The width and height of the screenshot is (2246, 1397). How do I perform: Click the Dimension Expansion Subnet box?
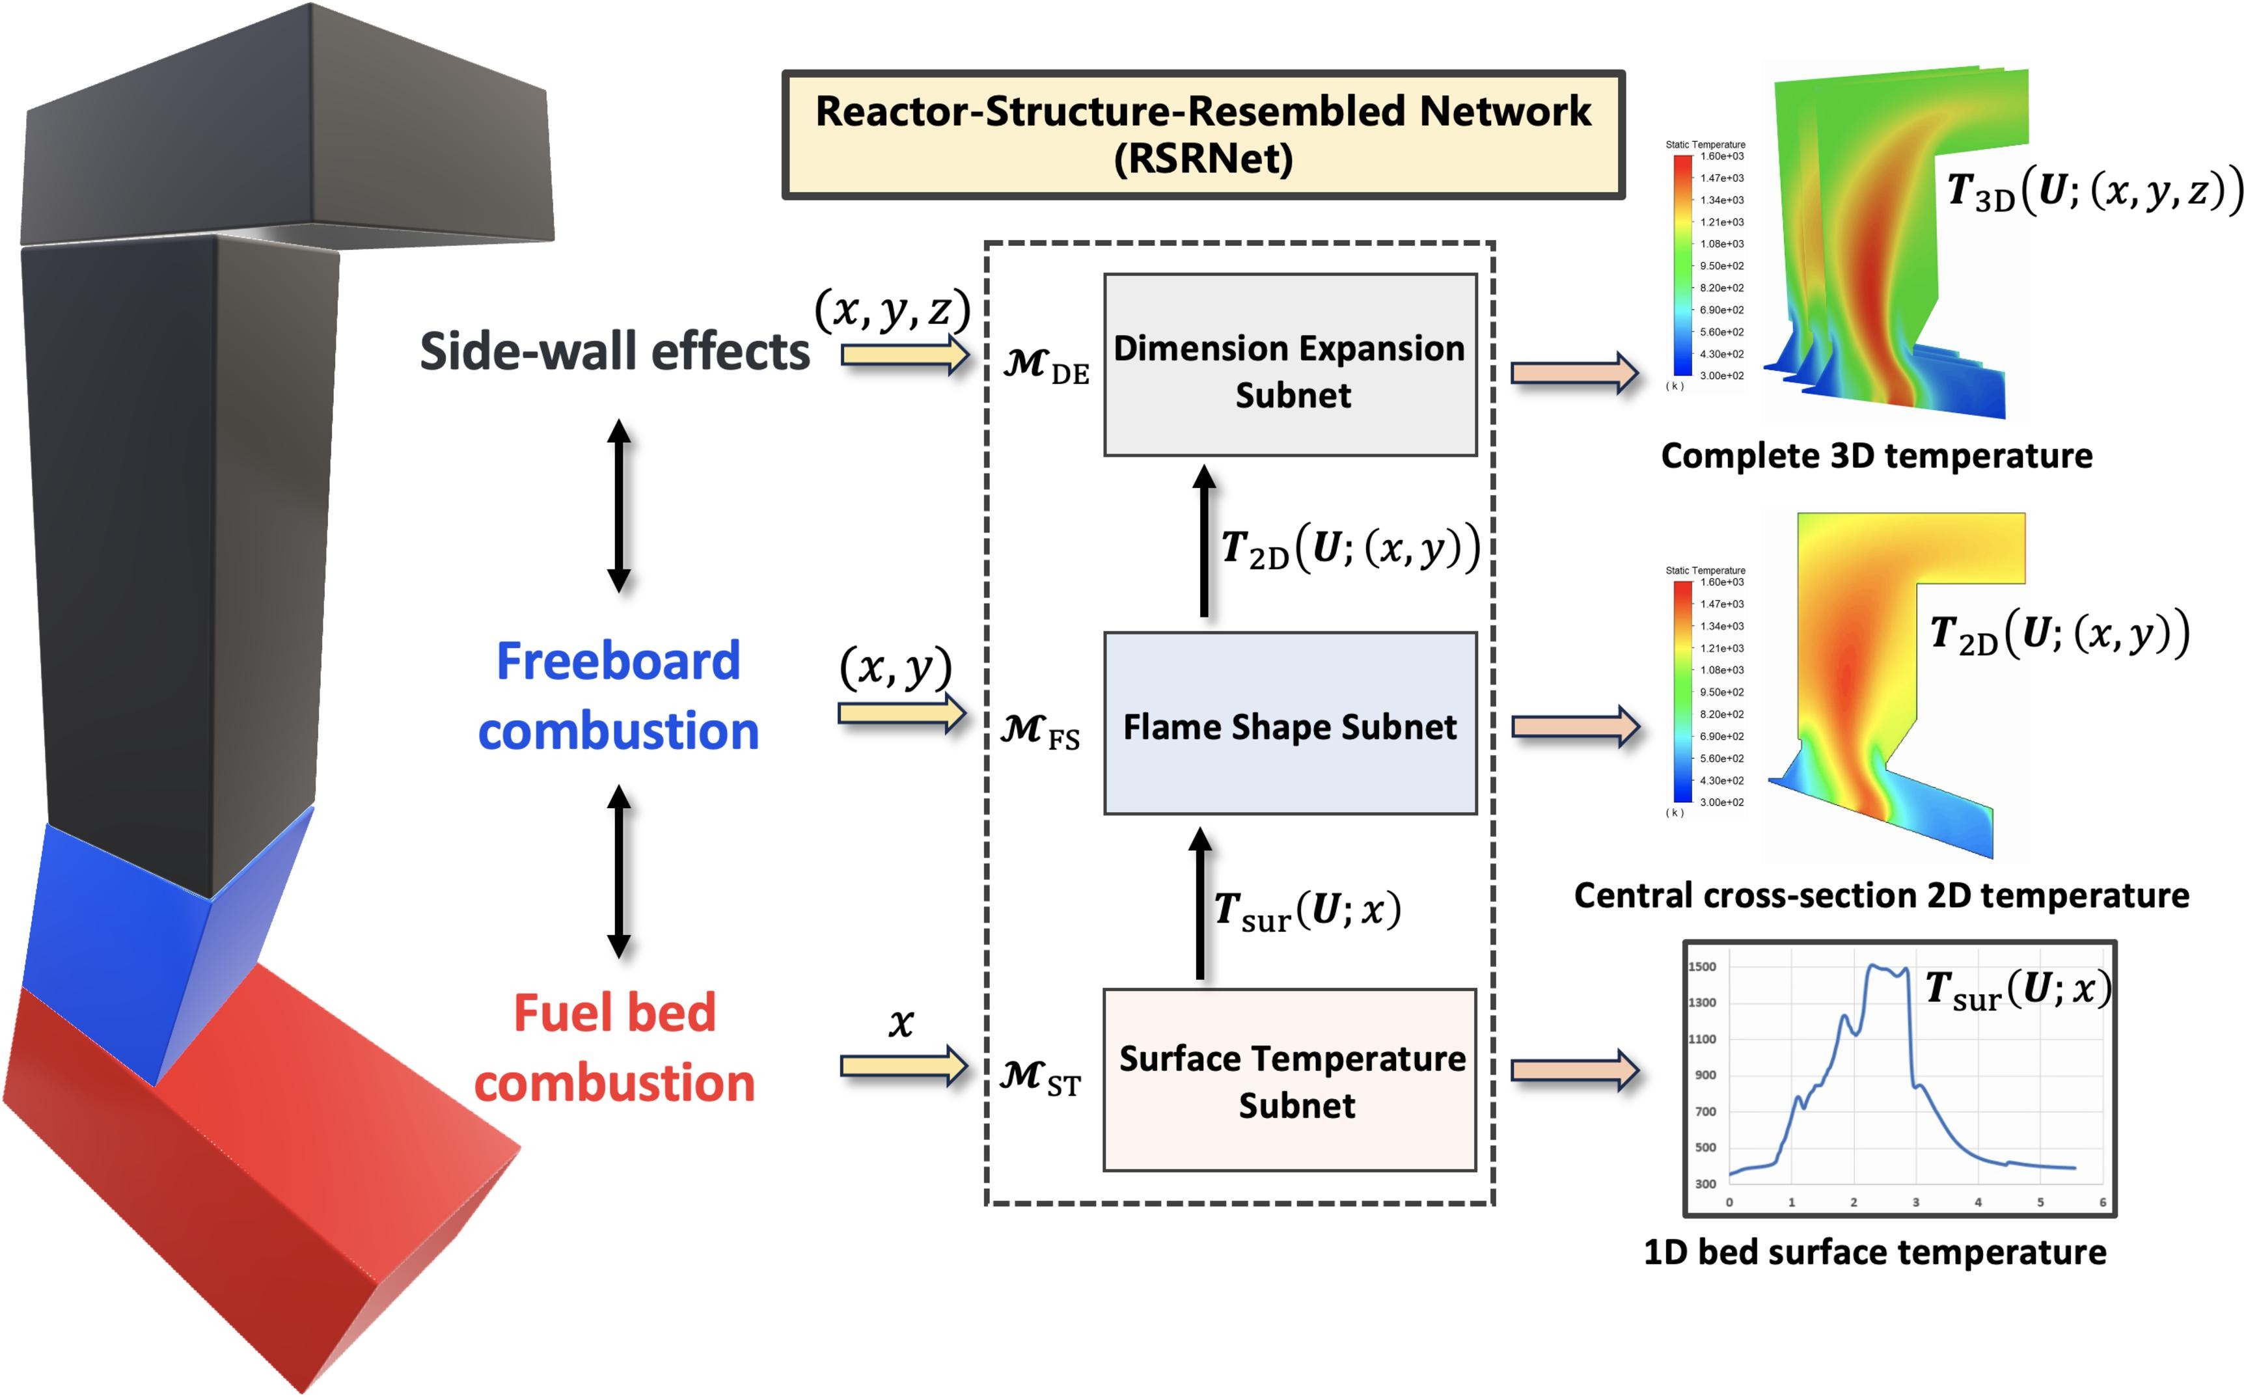[1290, 365]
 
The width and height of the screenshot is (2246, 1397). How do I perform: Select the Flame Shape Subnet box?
[1290, 724]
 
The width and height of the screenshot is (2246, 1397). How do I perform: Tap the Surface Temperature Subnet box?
[1290, 1080]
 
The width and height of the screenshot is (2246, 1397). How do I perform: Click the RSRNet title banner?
[1203, 134]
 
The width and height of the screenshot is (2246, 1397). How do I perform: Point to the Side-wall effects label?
[614, 352]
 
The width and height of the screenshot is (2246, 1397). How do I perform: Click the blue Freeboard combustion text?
[618, 696]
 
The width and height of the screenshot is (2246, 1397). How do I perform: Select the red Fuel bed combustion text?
[614, 1047]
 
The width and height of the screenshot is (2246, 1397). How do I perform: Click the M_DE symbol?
[1046, 366]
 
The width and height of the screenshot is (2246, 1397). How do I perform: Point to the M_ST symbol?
[1040, 1078]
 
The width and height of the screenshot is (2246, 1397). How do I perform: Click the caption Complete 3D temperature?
[1876, 455]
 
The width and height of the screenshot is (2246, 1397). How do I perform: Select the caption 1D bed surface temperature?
[1874, 1252]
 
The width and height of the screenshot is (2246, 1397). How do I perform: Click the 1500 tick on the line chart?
[1702, 966]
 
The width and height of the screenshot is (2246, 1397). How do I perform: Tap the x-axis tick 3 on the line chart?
[1915, 1202]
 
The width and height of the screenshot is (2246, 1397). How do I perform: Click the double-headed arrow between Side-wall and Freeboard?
[619, 506]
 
